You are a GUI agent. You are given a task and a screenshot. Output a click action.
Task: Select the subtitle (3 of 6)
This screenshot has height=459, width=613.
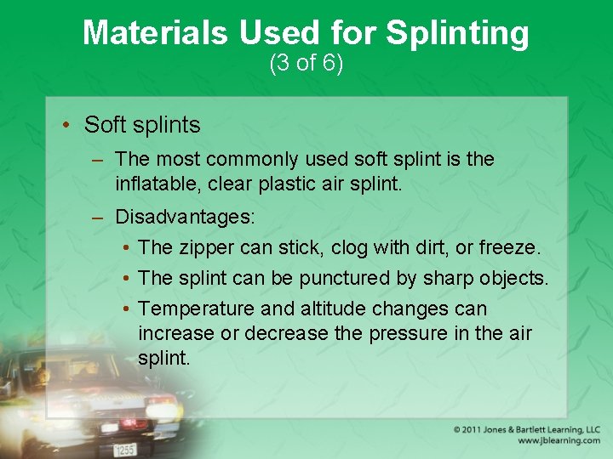pos(306,63)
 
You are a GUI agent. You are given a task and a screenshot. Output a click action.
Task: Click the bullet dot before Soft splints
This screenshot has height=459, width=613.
pos(66,125)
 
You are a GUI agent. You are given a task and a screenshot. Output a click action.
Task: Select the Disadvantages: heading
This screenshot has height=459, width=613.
pos(185,217)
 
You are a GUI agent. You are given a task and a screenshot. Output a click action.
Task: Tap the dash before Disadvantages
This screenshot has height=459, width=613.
pos(99,217)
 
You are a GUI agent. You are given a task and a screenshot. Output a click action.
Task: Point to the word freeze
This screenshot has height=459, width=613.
pos(508,247)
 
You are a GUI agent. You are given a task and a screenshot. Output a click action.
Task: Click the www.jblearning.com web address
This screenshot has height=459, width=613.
pos(557,441)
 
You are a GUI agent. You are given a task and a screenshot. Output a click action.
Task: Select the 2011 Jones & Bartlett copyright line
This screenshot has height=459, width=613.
pos(526,429)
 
